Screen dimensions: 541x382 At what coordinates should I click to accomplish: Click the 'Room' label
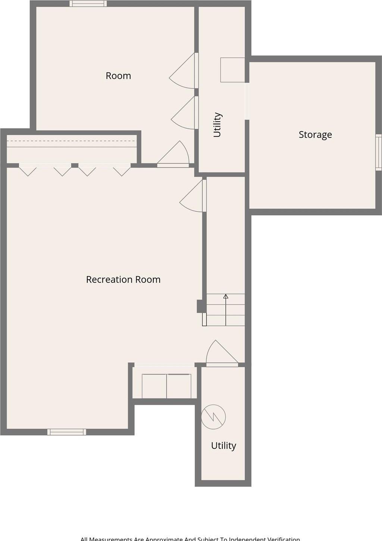(x=118, y=76)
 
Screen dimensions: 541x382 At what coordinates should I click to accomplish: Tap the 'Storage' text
(x=315, y=135)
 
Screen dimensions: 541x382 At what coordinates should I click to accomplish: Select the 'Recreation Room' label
(x=123, y=280)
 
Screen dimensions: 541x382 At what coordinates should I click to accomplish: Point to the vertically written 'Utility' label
(x=217, y=125)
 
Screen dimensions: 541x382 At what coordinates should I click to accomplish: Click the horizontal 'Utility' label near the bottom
(x=223, y=446)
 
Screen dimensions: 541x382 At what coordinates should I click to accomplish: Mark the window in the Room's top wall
(x=88, y=4)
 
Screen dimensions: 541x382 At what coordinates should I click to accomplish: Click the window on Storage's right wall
(x=378, y=152)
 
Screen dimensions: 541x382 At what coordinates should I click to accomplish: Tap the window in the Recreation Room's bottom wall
(x=67, y=432)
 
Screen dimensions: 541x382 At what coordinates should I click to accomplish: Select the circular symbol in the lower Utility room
(x=214, y=417)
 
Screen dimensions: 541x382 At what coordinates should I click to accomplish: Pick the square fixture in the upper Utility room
(x=232, y=70)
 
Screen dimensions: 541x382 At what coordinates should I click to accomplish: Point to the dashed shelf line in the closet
(x=71, y=141)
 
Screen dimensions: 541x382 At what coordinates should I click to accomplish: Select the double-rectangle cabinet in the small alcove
(x=166, y=386)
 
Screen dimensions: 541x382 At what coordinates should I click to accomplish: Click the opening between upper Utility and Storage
(x=247, y=101)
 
